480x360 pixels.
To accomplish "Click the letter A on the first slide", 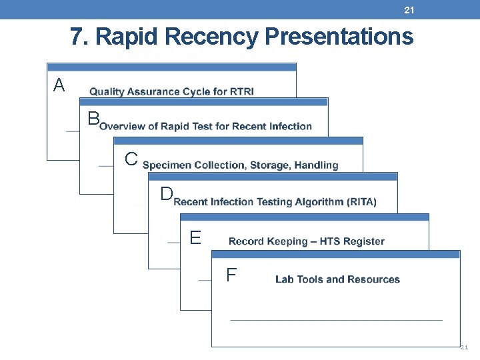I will click(x=59, y=85).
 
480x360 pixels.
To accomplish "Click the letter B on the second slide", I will click(x=93, y=119).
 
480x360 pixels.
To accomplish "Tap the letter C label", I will click(x=131, y=159).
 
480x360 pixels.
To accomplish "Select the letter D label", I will click(x=166, y=194).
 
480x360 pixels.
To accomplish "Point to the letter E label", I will click(x=195, y=238).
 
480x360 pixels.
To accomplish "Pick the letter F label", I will click(x=231, y=275).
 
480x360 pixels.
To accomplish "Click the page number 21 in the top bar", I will click(x=409, y=9).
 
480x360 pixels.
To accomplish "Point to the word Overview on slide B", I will click(x=124, y=126).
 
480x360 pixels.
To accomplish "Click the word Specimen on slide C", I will click(x=166, y=165).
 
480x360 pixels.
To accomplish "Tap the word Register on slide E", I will click(x=363, y=241).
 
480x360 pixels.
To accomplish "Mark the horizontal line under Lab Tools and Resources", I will click(x=336, y=320).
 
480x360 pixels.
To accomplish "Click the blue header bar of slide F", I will click(x=335, y=254).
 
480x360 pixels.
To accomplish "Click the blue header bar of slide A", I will click(x=171, y=67).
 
